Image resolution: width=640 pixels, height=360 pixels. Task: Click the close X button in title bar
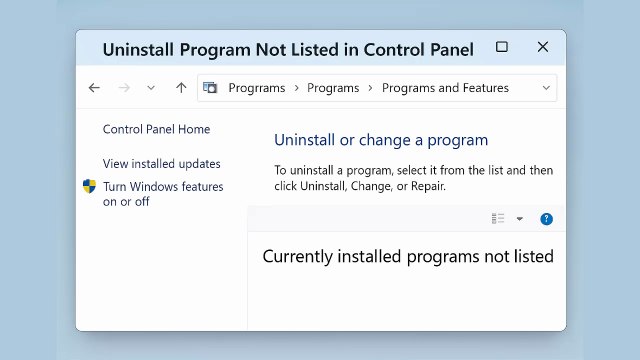click(543, 47)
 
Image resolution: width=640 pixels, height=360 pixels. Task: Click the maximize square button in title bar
click(502, 47)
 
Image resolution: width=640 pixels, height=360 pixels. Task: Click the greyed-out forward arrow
click(124, 88)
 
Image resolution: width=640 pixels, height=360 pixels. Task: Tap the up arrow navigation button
click(181, 88)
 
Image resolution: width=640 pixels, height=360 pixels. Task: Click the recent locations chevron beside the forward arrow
click(151, 88)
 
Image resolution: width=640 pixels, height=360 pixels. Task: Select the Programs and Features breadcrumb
click(445, 88)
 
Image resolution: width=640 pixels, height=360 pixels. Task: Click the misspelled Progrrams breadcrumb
click(256, 88)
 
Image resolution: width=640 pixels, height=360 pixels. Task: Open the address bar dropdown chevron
click(546, 88)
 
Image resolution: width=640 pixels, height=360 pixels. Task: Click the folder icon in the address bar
click(210, 88)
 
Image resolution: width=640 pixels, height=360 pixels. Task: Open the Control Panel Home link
click(156, 129)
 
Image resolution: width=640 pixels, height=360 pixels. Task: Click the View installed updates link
click(161, 164)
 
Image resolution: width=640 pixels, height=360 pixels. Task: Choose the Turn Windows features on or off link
click(163, 194)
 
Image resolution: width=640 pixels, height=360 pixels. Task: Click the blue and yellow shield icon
click(89, 187)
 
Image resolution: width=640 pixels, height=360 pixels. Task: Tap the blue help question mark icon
click(546, 219)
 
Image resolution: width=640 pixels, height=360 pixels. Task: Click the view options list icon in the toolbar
click(498, 219)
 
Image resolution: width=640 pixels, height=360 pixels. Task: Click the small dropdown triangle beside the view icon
click(520, 219)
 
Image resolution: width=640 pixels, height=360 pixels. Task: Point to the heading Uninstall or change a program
click(381, 140)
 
